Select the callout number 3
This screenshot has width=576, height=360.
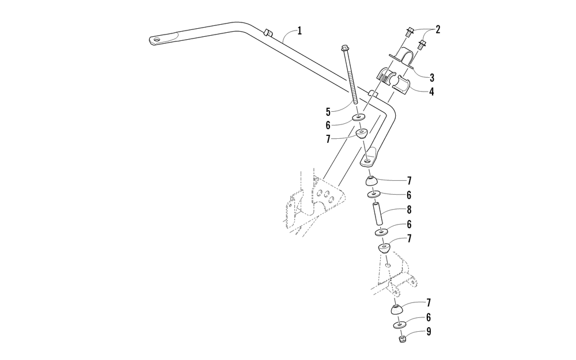431,77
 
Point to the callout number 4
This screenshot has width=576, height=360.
431,91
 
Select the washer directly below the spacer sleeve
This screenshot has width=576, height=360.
380,232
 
